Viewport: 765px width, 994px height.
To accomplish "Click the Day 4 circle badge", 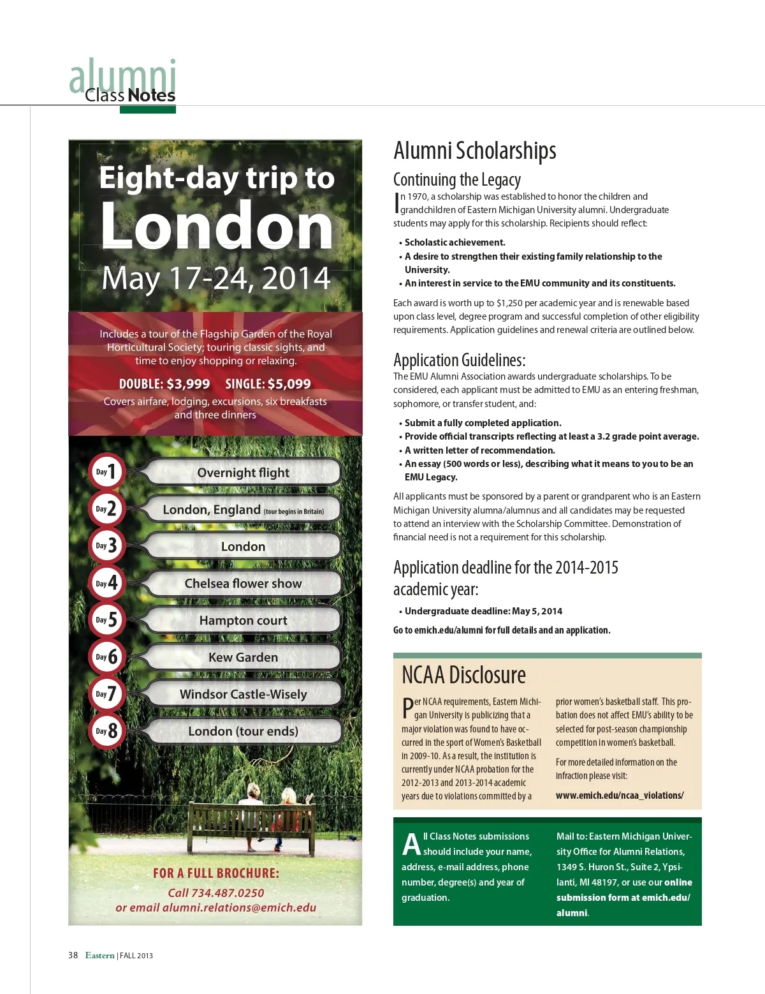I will point(106,582).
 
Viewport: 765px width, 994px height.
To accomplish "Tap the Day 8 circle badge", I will point(106,731).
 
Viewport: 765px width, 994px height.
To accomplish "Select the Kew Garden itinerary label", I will point(243,657).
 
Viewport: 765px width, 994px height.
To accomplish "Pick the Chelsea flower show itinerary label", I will point(243,583).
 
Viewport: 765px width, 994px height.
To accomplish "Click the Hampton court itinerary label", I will point(243,620).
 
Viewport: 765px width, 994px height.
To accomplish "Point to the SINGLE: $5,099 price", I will point(268,384).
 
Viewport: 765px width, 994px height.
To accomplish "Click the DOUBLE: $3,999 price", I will point(164,384).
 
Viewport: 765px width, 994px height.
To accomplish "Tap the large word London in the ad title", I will point(217,226).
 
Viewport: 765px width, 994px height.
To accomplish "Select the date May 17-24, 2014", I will point(216,279).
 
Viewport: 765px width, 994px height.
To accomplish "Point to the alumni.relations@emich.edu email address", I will point(239,907).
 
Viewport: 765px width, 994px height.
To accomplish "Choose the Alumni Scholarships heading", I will point(474,151).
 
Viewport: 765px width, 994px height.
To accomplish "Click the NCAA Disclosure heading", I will point(463,675).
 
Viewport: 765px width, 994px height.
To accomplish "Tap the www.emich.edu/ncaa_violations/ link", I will point(619,796).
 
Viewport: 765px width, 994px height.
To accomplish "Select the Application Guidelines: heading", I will point(459,360).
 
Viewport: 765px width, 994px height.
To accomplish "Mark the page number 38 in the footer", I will point(73,955).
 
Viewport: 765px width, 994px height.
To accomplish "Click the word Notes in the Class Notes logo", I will point(151,96).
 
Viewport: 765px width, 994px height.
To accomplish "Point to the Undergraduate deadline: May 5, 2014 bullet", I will point(483,611).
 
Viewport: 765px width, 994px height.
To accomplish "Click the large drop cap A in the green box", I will point(411,843).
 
